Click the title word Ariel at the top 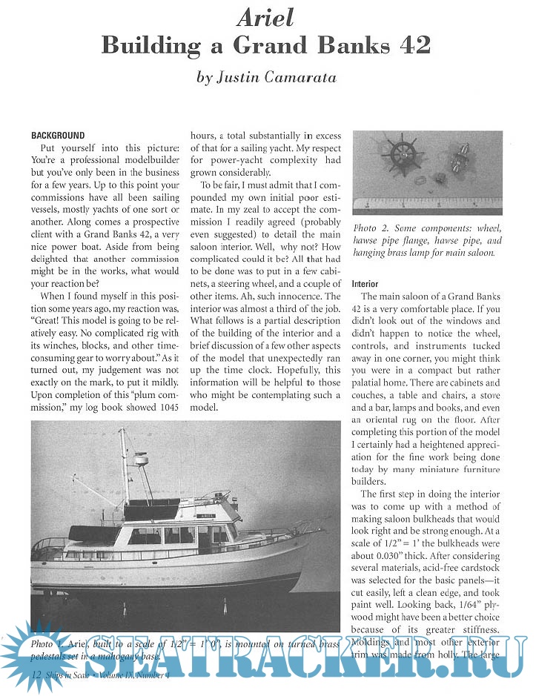[268, 16]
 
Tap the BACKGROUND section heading [58, 136]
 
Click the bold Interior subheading [365, 284]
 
